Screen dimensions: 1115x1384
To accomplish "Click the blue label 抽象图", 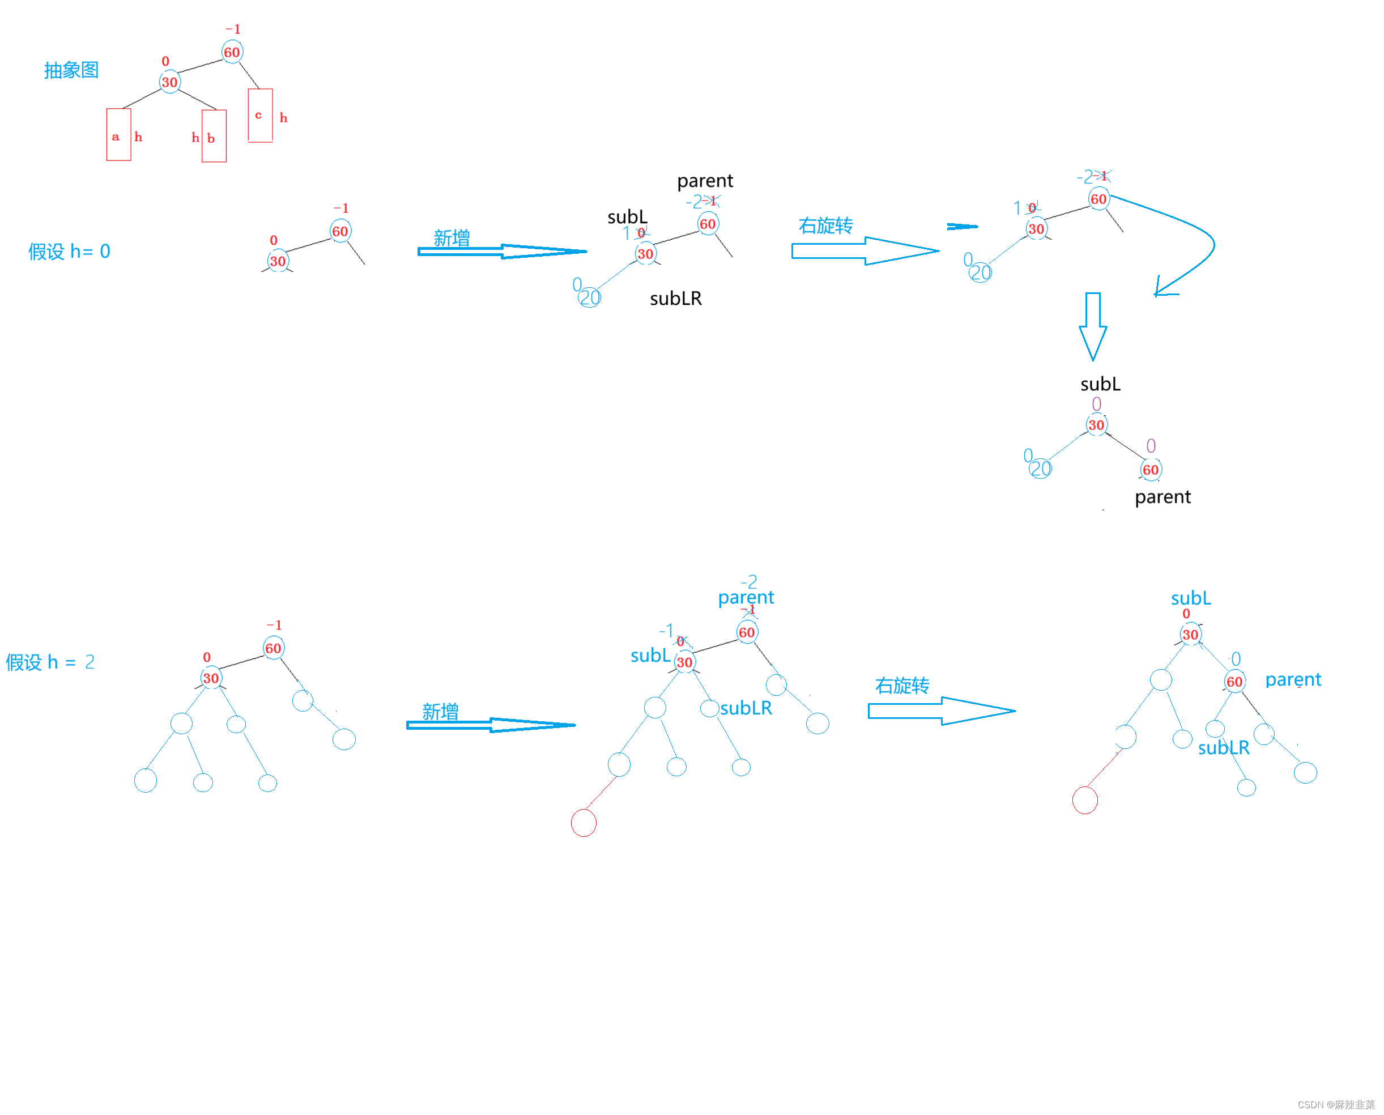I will point(71,70).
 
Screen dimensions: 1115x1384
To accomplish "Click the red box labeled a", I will point(118,134).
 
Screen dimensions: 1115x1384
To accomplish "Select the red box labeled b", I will point(214,136).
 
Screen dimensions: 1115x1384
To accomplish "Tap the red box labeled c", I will point(260,115).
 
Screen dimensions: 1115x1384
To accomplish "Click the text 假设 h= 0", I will point(69,251).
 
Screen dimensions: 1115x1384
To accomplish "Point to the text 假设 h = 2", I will point(50,662).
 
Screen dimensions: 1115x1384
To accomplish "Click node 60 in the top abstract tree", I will point(232,52).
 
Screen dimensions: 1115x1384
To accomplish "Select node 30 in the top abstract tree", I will point(169,82).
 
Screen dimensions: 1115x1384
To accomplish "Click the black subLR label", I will point(676,299).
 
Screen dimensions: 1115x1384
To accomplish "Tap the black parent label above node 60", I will point(705,181).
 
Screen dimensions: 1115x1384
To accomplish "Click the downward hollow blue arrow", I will point(1092,326).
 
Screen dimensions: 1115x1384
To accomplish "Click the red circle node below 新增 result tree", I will point(583,823).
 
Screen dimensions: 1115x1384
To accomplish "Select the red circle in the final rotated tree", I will point(1085,801).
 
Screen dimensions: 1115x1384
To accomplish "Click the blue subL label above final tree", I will point(1191,599).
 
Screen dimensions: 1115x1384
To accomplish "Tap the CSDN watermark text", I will point(1336,1105).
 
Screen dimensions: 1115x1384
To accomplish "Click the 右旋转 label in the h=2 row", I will point(902,686).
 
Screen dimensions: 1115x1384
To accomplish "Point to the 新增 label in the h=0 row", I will point(452,239).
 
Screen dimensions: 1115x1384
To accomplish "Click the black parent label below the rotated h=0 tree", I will point(1162,497).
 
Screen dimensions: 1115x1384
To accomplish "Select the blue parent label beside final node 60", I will point(1293,679).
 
